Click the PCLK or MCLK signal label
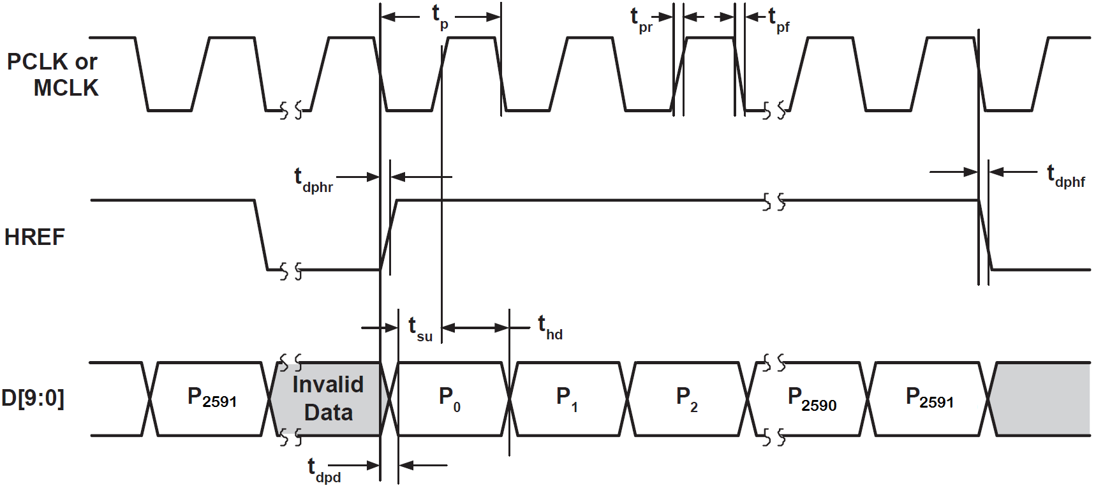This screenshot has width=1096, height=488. [x=52, y=75]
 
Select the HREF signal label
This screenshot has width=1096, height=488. [x=34, y=237]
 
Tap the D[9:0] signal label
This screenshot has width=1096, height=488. [x=33, y=398]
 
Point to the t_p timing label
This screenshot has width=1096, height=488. [x=440, y=16]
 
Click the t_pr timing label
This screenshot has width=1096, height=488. [x=641, y=20]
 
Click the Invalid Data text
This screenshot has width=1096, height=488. [x=328, y=399]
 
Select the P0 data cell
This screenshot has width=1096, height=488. [x=449, y=399]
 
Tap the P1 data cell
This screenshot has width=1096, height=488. [x=567, y=399]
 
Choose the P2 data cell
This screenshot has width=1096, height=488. [x=686, y=399]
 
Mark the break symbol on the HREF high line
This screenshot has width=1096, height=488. [x=774, y=202]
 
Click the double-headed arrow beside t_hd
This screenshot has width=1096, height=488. [x=475, y=328]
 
